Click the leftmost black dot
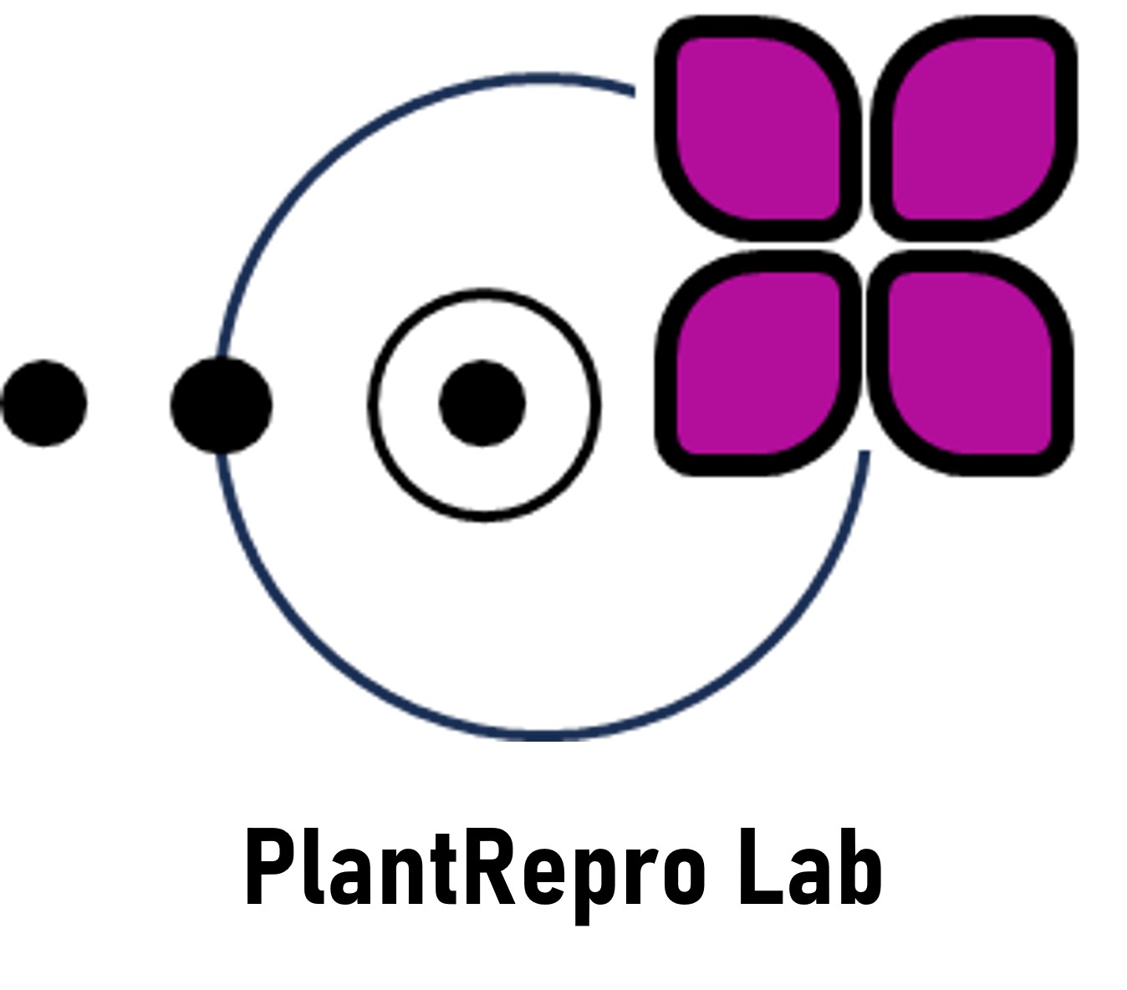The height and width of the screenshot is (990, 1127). pyautogui.click(x=44, y=403)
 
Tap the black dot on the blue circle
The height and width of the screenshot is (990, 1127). pyautogui.click(x=222, y=406)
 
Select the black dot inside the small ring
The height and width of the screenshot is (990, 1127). pyautogui.click(x=482, y=403)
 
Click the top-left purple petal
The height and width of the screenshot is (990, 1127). pyautogui.click(x=758, y=129)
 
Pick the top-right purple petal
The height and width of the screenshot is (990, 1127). pyautogui.click(x=974, y=129)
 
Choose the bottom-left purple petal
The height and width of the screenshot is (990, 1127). pyautogui.click(x=758, y=363)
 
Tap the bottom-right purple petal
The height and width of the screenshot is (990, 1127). pyautogui.click(x=971, y=363)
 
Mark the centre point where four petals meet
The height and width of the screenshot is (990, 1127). pyautogui.click(x=865, y=246)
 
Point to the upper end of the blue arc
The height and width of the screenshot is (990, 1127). pyautogui.click(x=634, y=91)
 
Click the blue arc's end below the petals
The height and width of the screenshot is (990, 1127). pyautogui.click(x=864, y=452)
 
